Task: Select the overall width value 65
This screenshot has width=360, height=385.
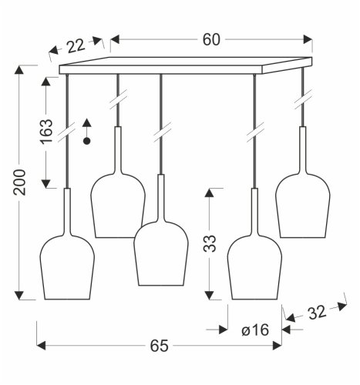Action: tap(159, 346)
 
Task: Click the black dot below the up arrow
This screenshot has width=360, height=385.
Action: tap(87, 142)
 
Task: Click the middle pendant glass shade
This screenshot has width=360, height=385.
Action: tap(162, 254)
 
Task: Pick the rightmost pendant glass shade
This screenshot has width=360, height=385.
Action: tap(303, 204)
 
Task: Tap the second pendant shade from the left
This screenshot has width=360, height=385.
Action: tap(118, 204)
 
